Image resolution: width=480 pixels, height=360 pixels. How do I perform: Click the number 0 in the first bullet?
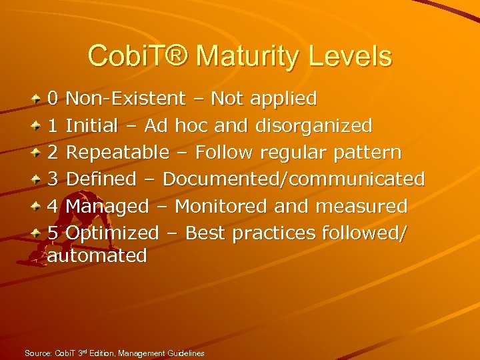[x=53, y=99]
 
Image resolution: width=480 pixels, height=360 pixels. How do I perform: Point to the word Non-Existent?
[x=125, y=99]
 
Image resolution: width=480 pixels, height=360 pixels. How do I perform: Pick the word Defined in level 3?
[x=101, y=179]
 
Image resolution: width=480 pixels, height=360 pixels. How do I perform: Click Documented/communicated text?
[x=293, y=179]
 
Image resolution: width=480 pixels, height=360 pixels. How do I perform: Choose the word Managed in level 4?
[x=107, y=206]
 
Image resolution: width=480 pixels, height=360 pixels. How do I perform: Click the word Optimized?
[x=113, y=233]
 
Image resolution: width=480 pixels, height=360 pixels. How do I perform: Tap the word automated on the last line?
[x=97, y=255]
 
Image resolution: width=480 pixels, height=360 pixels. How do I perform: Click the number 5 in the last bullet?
[x=53, y=233]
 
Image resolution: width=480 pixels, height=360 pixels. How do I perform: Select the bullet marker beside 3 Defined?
[x=35, y=179]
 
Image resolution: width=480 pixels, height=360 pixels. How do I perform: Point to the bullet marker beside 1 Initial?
[x=35, y=125]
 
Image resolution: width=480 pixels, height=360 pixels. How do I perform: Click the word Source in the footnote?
[x=37, y=353]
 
